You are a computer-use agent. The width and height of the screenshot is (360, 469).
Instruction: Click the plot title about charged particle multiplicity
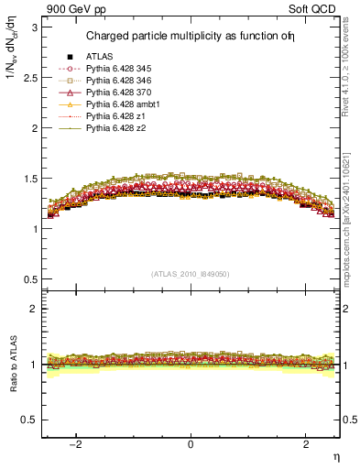(x=191, y=37)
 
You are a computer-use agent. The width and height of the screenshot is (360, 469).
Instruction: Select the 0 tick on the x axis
(x=191, y=444)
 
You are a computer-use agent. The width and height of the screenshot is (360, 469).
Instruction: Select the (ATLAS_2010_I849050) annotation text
(x=191, y=272)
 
